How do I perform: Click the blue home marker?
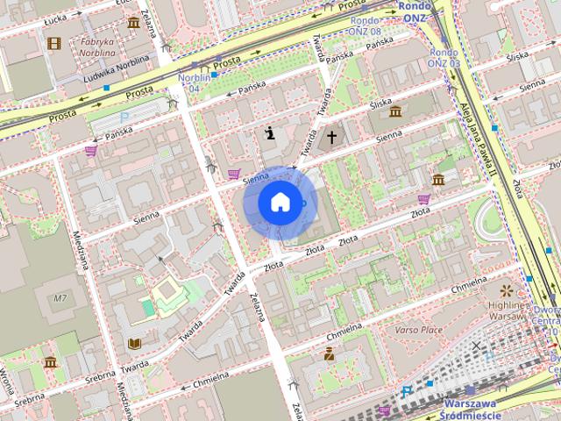(x=280, y=203)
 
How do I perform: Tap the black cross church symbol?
(x=332, y=137)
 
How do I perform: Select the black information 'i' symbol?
(x=270, y=133)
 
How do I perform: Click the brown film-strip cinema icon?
(x=55, y=43)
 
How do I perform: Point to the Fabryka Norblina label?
(x=97, y=46)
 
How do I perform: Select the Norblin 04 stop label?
(x=195, y=82)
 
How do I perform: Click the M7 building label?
(x=60, y=299)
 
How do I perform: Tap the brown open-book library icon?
(x=134, y=343)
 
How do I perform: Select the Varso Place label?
(x=418, y=330)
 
